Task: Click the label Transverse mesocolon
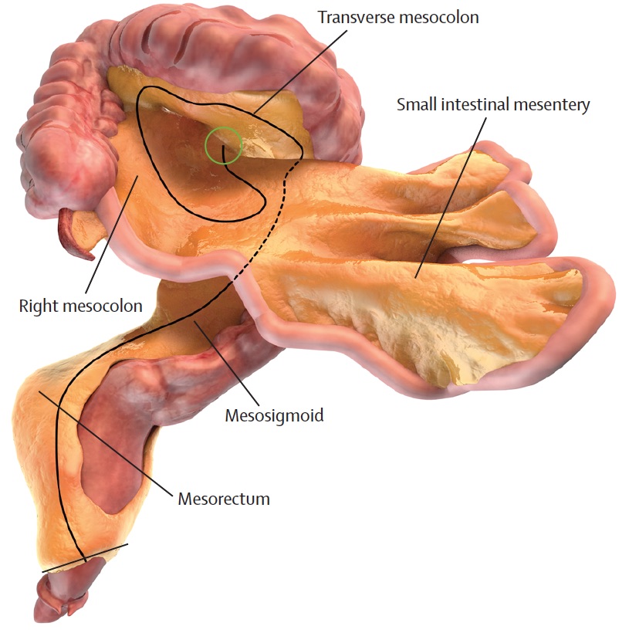[x=398, y=17]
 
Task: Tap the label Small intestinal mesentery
[x=493, y=105]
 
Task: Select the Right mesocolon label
[x=81, y=306]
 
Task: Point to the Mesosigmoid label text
[x=274, y=416]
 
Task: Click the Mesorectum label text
[x=224, y=498]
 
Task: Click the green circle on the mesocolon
[x=224, y=144]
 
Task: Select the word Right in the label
[x=36, y=306]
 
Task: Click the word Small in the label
[x=415, y=105]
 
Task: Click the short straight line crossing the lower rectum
[x=85, y=558]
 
